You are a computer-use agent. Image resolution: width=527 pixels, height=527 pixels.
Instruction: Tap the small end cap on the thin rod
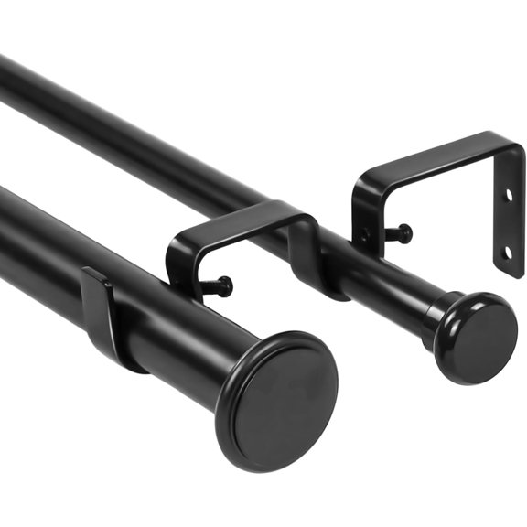click(x=477, y=338)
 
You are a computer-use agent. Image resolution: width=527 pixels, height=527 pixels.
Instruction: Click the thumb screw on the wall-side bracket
click(x=401, y=234)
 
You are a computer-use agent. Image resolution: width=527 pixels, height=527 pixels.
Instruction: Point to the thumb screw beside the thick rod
click(x=220, y=287)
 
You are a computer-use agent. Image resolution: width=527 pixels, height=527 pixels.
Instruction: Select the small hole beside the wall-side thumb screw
click(x=365, y=236)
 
